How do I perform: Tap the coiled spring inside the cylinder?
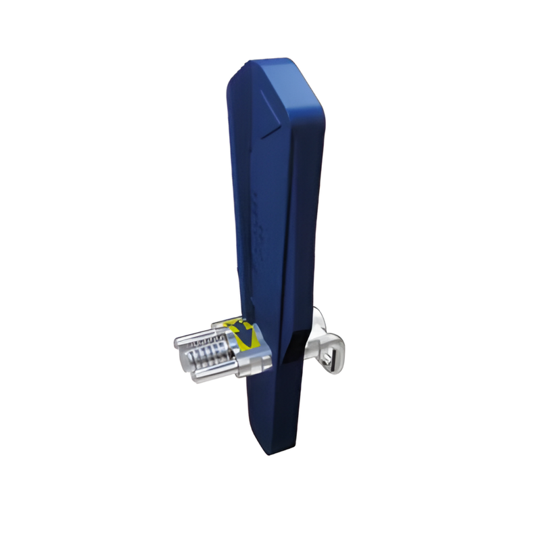(x=206, y=354)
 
